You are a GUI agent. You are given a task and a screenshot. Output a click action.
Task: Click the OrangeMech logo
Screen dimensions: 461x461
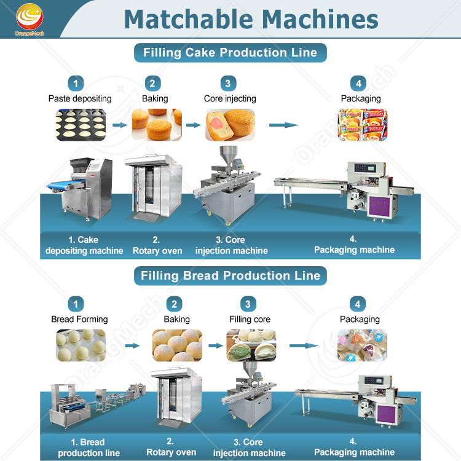(x=30, y=20)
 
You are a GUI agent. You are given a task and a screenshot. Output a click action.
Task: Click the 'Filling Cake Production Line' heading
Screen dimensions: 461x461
(x=230, y=53)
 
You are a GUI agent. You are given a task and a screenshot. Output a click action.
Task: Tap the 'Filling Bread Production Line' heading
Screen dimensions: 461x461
(x=230, y=276)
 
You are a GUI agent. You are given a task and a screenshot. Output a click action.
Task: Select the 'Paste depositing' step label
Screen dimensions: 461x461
(x=80, y=98)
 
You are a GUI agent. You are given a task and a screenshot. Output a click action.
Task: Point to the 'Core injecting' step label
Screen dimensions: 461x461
(x=230, y=98)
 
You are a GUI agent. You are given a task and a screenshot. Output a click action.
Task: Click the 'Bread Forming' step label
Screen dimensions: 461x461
(x=79, y=319)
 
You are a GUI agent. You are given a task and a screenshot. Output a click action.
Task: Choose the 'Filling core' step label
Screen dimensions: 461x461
(x=250, y=319)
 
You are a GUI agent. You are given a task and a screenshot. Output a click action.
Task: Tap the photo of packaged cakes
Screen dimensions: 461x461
(x=362, y=125)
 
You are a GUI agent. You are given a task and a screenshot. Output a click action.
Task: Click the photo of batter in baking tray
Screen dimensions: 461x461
(x=81, y=125)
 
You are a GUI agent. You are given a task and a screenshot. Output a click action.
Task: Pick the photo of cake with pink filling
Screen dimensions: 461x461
(x=230, y=125)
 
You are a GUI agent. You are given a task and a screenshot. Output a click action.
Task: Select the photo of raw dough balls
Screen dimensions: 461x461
(x=81, y=345)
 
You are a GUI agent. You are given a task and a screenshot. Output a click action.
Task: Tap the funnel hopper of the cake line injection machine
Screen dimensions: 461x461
(x=228, y=155)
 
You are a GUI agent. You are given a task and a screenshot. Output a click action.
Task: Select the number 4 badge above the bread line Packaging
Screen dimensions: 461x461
(x=358, y=304)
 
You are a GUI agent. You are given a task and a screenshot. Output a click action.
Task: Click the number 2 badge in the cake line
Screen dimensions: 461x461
(x=153, y=84)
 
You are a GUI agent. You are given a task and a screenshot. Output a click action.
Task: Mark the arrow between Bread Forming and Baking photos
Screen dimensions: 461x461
(x=132, y=345)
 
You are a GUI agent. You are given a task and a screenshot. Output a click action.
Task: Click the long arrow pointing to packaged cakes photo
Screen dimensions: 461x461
(x=284, y=125)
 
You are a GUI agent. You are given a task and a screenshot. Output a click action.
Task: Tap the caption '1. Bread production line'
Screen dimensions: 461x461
(x=89, y=447)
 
